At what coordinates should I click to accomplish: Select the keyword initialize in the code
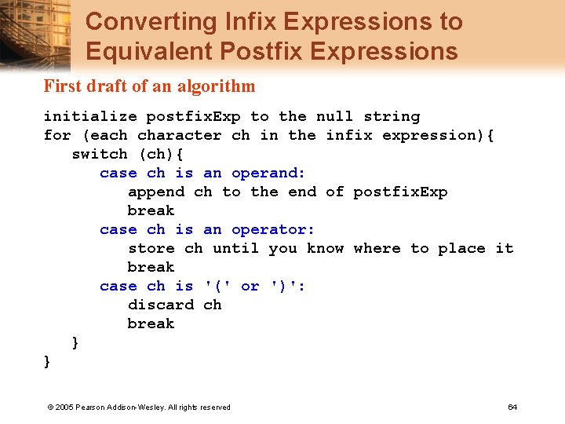pos(90,116)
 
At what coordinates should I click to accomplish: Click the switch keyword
pos(100,154)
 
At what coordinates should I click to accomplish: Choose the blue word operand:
pos(268,173)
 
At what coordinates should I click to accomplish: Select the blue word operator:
pos(273,229)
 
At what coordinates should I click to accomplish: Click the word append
pos(156,192)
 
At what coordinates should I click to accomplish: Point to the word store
pos(151,248)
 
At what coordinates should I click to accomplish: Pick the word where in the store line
pos(377,248)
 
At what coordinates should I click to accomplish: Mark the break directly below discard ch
pos(151,323)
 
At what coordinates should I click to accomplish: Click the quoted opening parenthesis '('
pos(217,286)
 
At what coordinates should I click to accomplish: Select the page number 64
pos(512,407)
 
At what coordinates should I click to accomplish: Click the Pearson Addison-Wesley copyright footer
pos(139,407)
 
